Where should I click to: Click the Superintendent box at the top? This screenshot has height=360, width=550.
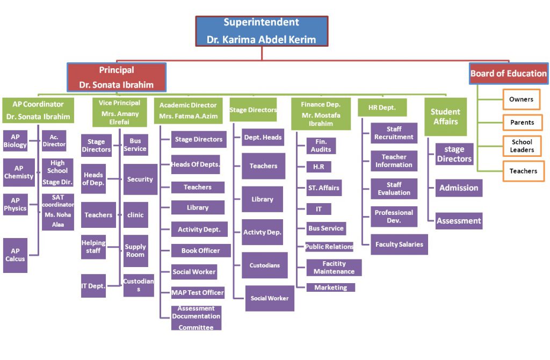(262, 31)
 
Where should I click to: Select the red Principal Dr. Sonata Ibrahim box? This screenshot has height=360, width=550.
(117, 77)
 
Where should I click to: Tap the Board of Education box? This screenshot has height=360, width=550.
(509, 74)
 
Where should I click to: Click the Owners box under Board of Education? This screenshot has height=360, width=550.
(522, 99)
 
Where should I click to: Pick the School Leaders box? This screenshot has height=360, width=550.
(522, 146)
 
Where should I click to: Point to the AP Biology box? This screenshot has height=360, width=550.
(15, 141)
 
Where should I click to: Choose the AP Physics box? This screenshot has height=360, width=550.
(15, 204)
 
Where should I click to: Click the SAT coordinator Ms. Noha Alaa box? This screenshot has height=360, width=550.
(57, 211)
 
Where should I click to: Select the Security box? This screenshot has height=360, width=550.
(140, 179)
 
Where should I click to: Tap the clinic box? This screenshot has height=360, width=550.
(135, 215)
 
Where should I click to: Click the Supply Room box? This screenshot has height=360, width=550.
(135, 250)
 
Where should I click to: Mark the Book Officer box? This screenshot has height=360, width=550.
(200, 250)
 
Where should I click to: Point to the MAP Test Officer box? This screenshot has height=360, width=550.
(197, 293)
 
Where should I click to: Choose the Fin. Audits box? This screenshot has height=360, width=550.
(321, 146)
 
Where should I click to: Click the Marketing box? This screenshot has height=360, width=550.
(330, 287)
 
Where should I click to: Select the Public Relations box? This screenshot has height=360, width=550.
(329, 247)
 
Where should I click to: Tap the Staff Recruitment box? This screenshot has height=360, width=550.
(394, 133)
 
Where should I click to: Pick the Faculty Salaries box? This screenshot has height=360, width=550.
(399, 244)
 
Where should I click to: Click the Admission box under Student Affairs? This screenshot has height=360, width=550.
(458, 188)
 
